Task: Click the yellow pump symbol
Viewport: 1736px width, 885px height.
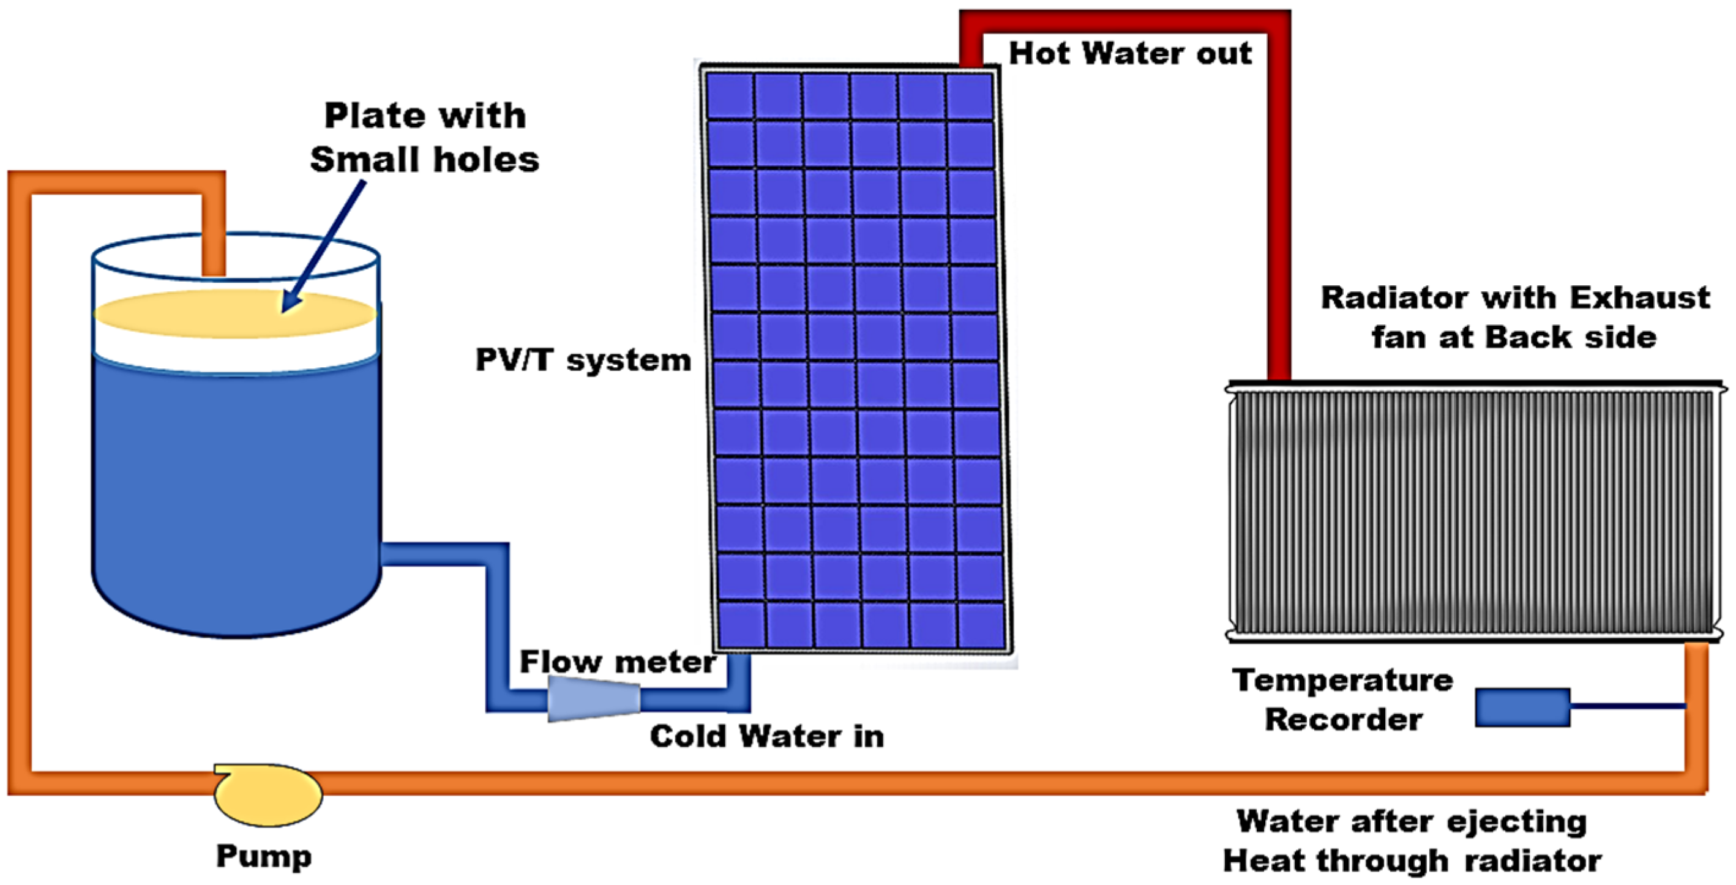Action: [x=268, y=796]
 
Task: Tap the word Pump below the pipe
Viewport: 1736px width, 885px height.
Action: [x=263, y=856]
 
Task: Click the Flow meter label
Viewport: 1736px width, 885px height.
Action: [x=617, y=662]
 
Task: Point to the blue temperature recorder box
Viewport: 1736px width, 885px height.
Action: [x=1522, y=707]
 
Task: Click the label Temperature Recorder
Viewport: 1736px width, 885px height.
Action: [x=1343, y=700]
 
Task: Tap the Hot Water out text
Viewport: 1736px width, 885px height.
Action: [x=1129, y=53]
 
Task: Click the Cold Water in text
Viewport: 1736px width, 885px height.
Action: [x=767, y=736]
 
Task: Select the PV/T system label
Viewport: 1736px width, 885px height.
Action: [x=583, y=360]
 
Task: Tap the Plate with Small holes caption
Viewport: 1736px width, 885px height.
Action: [x=425, y=138]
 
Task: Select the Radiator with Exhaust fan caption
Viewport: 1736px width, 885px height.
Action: [x=1515, y=317]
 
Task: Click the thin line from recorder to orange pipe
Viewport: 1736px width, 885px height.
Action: [x=1628, y=706]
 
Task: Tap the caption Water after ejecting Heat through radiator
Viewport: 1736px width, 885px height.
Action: [x=1412, y=840]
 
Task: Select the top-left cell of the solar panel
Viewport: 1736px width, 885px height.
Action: [x=730, y=96]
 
